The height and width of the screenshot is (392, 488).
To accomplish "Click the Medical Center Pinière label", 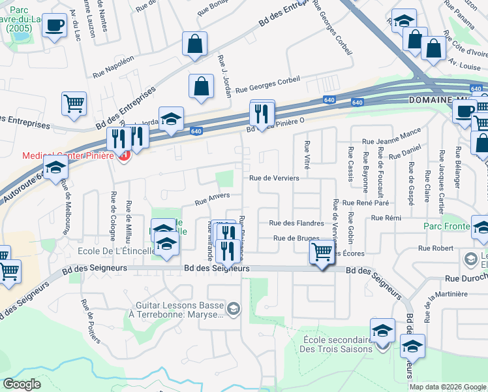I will click(x=65, y=155).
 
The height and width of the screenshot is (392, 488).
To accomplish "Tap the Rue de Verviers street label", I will click(x=274, y=178).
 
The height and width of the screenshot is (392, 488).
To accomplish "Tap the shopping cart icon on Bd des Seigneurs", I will click(x=322, y=252).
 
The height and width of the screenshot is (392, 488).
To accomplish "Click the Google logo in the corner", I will click(x=22, y=384).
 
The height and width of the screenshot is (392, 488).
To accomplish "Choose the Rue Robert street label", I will click(x=435, y=248).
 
